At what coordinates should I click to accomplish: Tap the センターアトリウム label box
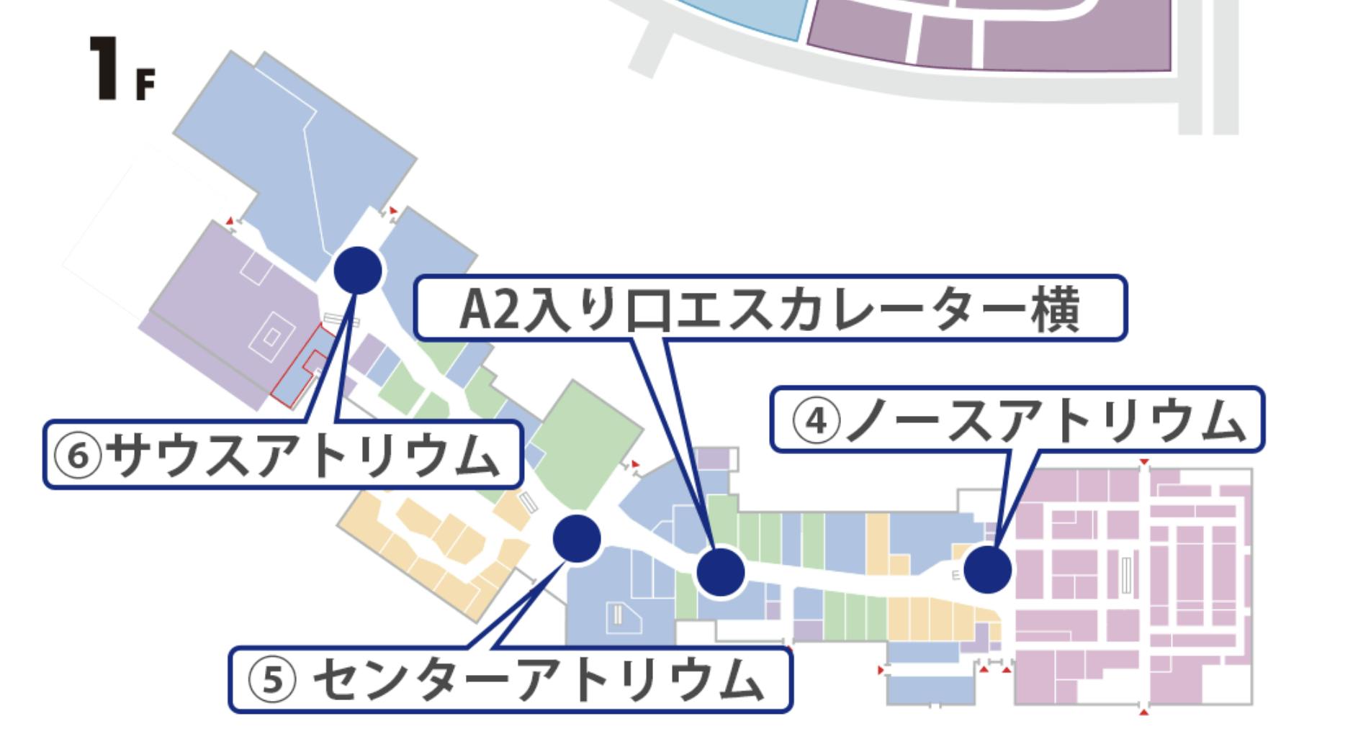pos(510,680)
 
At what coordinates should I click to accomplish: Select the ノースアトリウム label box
pos(1017,420)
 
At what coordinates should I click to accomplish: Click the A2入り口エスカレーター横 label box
pos(769,308)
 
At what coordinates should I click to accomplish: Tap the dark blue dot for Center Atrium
pos(576,538)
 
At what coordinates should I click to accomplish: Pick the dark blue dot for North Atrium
pos(987,569)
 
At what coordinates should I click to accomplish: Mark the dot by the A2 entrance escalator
pos(720,571)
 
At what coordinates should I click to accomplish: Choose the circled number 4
pos(816,422)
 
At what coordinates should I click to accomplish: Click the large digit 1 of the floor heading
pos(104,69)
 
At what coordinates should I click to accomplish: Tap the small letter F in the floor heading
pos(144,86)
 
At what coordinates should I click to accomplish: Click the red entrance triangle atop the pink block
pos(1144,461)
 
